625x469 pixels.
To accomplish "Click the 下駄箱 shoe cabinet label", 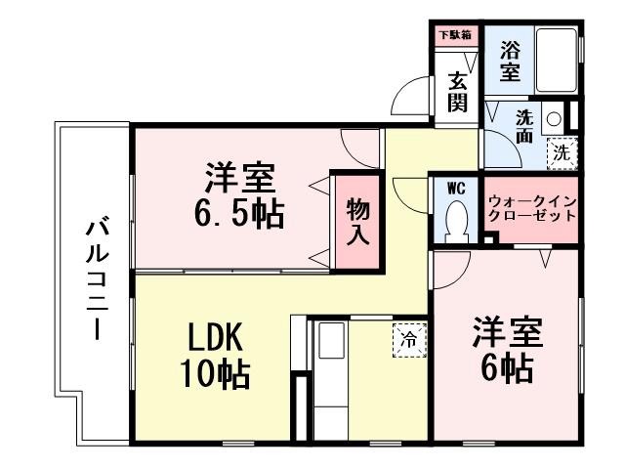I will [454, 35].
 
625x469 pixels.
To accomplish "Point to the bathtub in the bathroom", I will [555, 59].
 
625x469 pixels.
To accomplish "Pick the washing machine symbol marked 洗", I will [562, 151].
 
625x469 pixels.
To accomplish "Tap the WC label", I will [455, 188].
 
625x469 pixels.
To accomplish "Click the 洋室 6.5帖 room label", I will [240, 194].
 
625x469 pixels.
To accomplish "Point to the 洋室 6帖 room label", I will [505, 349].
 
